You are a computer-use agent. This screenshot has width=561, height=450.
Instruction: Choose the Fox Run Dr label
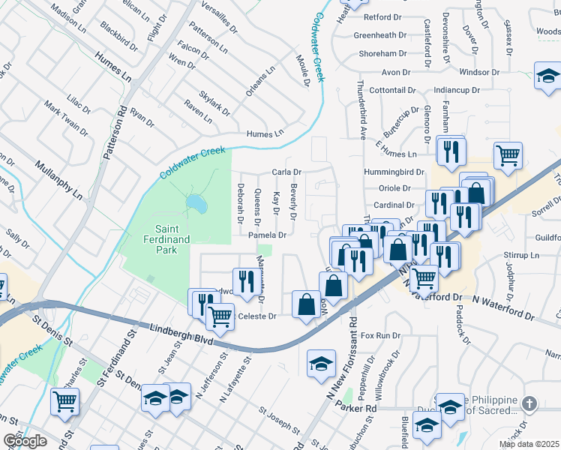coord(381,335)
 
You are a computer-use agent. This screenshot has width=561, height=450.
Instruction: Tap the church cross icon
coord(529,404)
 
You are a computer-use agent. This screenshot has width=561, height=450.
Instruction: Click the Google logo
coord(24,441)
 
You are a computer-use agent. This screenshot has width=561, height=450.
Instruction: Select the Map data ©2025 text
coord(529,444)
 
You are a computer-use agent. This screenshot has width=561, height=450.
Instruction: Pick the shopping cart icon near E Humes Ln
coord(508,155)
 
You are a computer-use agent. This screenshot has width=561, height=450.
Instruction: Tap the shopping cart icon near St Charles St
coord(64,400)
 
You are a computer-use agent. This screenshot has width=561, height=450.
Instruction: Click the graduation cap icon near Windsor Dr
coord(548,75)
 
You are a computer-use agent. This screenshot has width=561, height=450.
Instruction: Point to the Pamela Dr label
coord(268,235)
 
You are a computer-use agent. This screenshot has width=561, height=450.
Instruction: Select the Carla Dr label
coord(286,172)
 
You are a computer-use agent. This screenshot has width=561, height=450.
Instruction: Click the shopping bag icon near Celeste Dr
coord(305,304)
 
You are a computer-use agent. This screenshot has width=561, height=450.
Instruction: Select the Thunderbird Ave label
coord(361,110)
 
